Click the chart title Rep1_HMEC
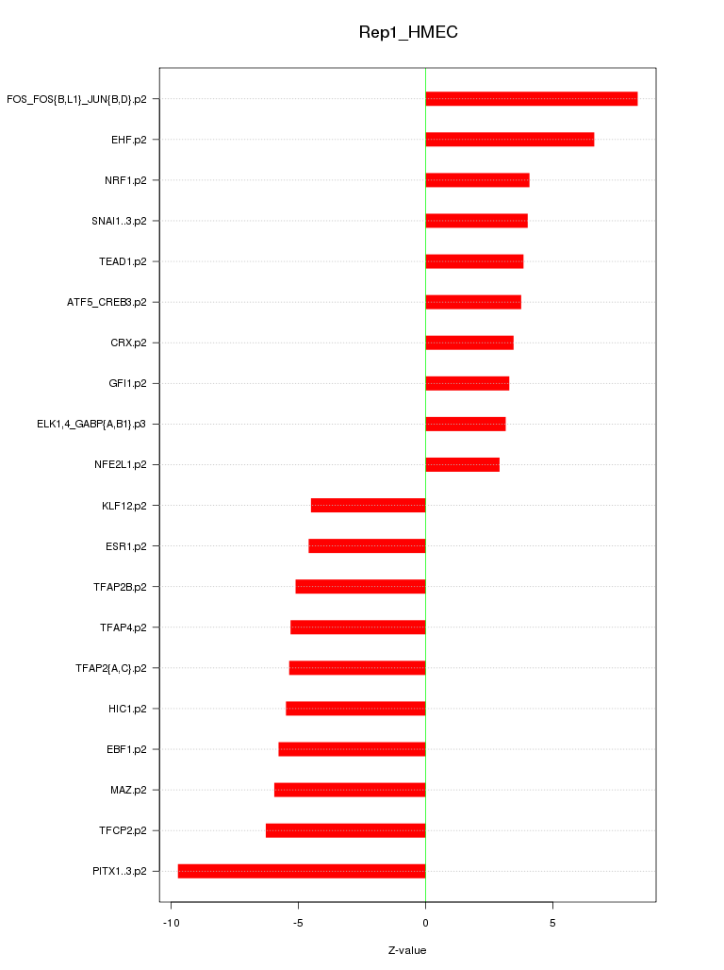click(408, 33)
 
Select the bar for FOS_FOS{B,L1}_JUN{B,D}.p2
click(531, 99)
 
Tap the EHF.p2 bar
click(509, 140)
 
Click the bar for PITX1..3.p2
click(302, 871)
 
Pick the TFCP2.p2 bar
click(345, 830)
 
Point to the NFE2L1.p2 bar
click(462, 464)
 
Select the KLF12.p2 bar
click(368, 505)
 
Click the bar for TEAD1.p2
click(474, 261)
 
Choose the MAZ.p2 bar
click(350, 790)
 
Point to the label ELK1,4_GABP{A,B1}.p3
click(91, 424)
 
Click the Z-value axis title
click(407, 950)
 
